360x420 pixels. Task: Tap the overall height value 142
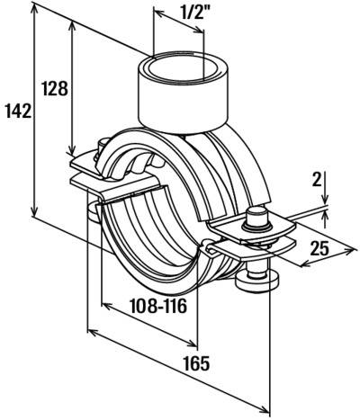pyautogui.click(x=17, y=111)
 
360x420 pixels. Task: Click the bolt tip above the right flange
pyautogui.click(x=255, y=216)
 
